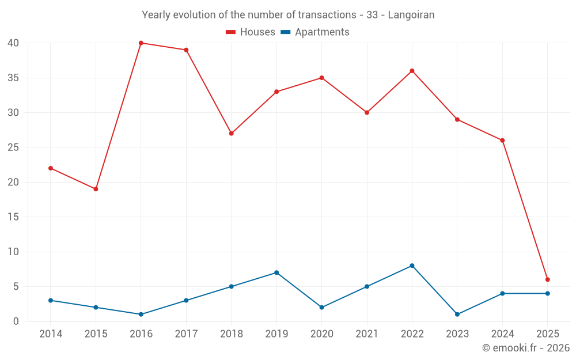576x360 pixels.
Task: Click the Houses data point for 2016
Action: [141, 43]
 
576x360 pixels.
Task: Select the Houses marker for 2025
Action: [548, 279]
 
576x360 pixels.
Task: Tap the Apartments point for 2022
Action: [412, 266]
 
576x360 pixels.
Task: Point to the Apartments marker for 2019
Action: [276, 272]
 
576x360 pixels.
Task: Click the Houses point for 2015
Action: [96, 189]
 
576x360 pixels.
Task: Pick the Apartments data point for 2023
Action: [457, 314]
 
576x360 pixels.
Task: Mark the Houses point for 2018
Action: [232, 133]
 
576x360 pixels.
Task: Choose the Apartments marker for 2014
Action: [51, 300]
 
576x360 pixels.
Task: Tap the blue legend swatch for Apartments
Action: [285, 32]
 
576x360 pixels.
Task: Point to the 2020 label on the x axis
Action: [322, 334]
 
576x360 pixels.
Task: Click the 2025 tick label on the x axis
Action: [548, 334]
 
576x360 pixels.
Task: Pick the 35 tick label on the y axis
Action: [13, 78]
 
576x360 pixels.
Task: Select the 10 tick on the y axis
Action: [13, 252]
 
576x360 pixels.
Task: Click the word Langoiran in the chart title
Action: [411, 14]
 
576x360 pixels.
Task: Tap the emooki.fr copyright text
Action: [526, 348]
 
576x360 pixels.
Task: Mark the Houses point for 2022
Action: [412, 71]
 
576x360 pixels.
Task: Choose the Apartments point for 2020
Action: [322, 307]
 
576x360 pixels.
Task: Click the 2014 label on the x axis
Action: [51, 334]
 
